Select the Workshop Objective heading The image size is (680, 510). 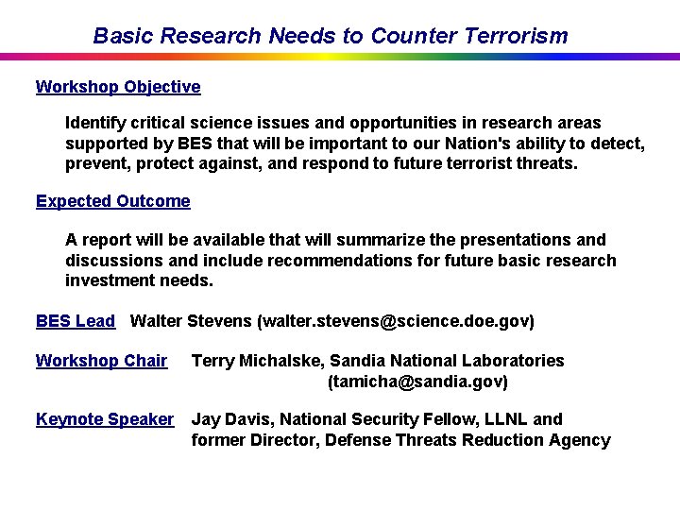point(118,87)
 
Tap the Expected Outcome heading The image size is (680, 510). point(112,201)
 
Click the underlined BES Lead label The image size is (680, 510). point(75,321)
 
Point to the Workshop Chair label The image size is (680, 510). point(101,361)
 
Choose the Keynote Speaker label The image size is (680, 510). point(105,419)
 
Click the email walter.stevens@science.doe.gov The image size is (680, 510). point(395,321)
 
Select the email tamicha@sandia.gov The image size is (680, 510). point(417,382)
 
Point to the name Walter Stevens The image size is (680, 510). point(191,321)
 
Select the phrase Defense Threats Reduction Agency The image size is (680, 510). point(467,440)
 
